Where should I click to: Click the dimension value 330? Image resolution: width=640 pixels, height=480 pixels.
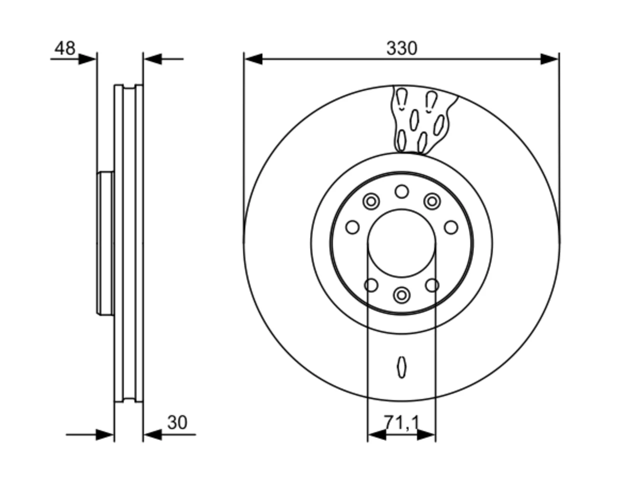pyautogui.click(x=401, y=48)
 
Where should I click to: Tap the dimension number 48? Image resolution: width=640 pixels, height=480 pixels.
pyautogui.click(x=64, y=48)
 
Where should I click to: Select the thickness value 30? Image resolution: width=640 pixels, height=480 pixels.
pyautogui.click(x=177, y=422)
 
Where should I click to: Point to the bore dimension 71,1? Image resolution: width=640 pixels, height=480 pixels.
pyautogui.click(x=401, y=422)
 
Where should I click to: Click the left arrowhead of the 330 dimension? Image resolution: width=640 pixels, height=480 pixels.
pyautogui.click(x=253, y=59)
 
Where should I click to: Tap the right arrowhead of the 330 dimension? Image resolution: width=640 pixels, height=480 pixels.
pyautogui.click(x=549, y=59)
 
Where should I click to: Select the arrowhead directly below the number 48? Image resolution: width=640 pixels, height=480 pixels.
pyautogui.click(x=87, y=59)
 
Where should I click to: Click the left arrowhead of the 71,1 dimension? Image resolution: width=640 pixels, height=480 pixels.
pyautogui.click(x=377, y=435)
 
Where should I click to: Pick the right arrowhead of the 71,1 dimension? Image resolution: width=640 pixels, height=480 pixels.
pyautogui.click(x=426, y=435)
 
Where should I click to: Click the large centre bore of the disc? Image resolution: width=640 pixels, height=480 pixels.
pyautogui.click(x=401, y=243)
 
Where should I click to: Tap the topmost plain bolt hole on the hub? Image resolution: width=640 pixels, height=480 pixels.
pyautogui.click(x=401, y=191)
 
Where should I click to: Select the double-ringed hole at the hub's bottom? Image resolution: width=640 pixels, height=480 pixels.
pyautogui.click(x=401, y=295)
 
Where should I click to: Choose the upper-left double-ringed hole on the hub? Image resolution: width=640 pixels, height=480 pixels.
pyautogui.click(x=371, y=201)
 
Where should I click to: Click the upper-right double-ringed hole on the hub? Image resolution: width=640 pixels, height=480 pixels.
pyautogui.click(x=432, y=201)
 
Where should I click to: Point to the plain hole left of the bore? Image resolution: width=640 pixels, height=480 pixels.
pyautogui.click(x=352, y=227)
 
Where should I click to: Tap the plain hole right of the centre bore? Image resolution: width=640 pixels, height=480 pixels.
pyautogui.click(x=451, y=227)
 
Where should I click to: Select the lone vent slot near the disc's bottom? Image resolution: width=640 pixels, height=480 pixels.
pyautogui.click(x=401, y=367)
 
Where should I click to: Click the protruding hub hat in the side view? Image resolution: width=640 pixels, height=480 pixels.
pyautogui.click(x=105, y=243)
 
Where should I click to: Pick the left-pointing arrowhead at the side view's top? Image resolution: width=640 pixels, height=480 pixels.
pyautogui.click(x=153, y=59)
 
